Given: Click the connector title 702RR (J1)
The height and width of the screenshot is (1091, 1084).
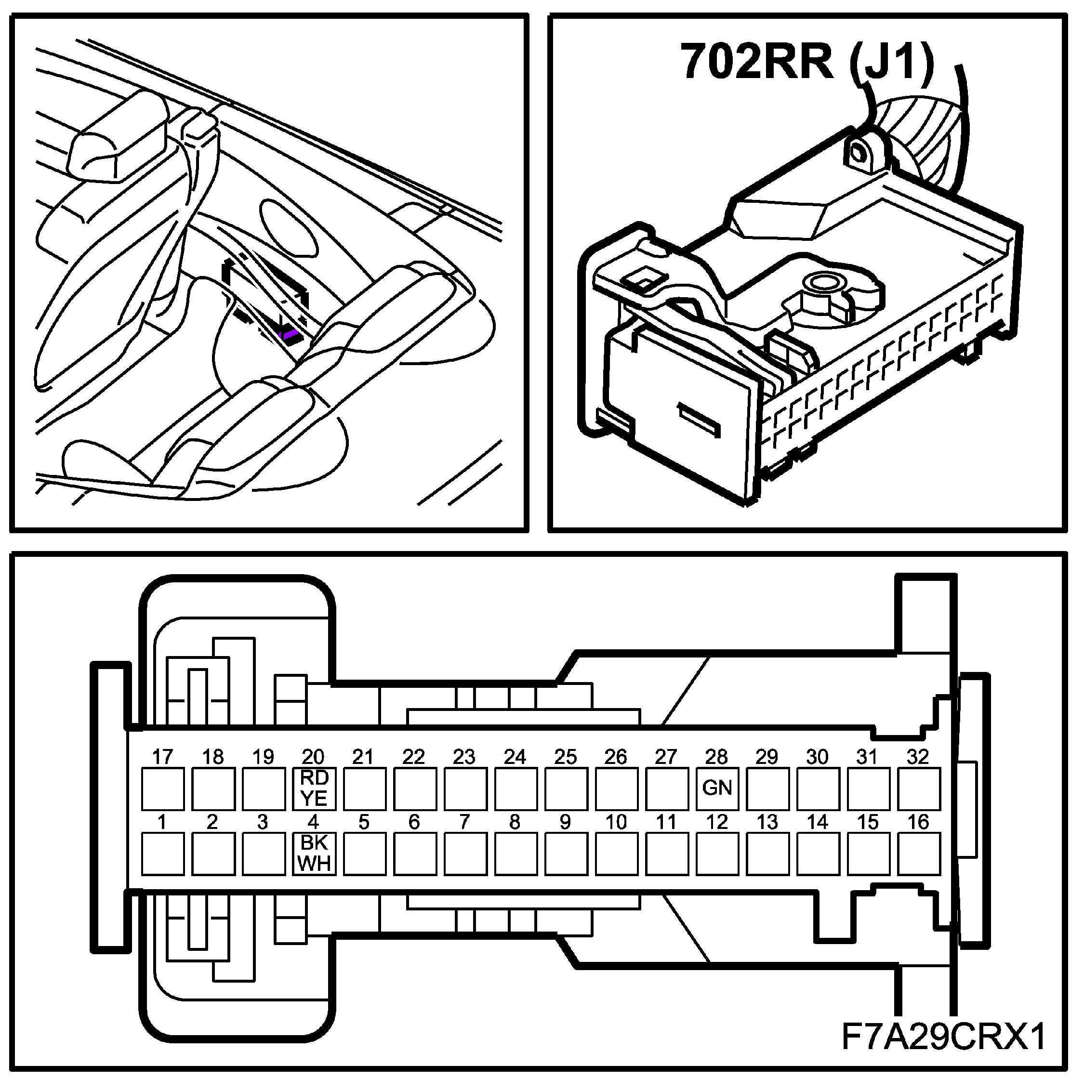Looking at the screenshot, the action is [x=806, y=61].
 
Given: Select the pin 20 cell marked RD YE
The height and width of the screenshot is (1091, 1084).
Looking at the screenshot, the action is [x=314, y=789].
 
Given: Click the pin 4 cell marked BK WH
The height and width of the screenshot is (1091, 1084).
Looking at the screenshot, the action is [x=314, y=854].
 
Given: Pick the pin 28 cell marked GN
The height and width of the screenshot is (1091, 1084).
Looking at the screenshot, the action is [x=717, y=789].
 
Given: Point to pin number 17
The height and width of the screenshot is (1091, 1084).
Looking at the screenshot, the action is [x=163, y=757].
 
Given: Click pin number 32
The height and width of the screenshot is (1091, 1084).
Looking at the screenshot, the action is [x=918, y=757].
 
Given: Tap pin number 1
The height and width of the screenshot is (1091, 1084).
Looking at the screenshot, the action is [x=163, y=822].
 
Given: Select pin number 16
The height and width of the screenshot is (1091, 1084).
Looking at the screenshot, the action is [x=918, y=822].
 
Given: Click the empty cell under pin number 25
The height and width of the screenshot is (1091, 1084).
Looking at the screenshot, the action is [x=566, y=789].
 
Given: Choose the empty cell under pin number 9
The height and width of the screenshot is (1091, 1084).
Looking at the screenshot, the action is [x=566, y=854].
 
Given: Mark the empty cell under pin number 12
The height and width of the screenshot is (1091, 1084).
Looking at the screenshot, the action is [x=717, y=854].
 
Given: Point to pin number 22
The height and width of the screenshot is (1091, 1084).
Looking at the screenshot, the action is [x=414, y=757].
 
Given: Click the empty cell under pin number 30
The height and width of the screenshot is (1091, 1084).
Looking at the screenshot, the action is [x=818, y=789].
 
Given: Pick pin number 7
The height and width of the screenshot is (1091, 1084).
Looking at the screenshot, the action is [x=465, y=822].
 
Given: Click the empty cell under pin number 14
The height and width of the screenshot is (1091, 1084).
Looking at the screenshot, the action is [x=818, y=854].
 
